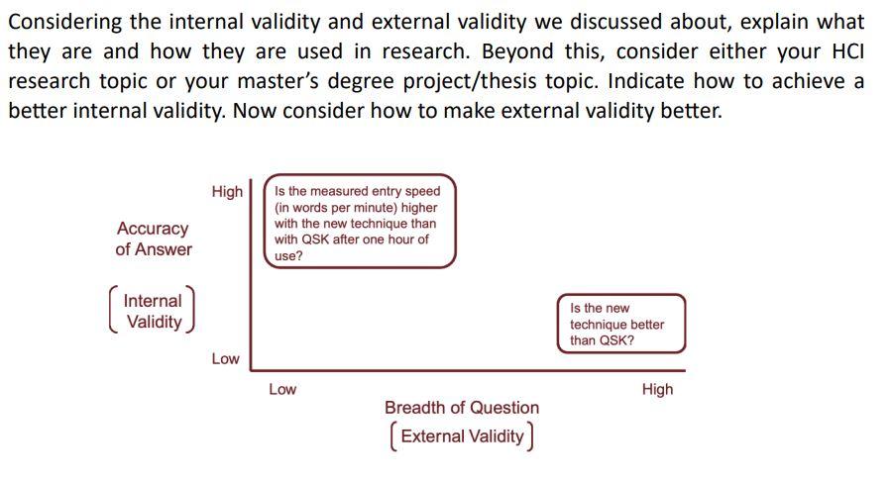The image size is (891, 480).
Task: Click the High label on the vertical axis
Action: pyautogui.click(x=227, y=191)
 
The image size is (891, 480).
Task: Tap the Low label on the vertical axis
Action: pyautogui.click(x=225, y=358)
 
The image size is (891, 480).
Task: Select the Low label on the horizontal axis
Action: pyautogui.click(x=282, y=389)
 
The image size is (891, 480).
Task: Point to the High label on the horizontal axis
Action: pyautogui.click(x=657, y=389)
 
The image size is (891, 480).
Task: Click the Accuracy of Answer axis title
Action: pyautogui.click(x=153, y=239)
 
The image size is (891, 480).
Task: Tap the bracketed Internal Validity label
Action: pyautogui.click(x=153, y=311)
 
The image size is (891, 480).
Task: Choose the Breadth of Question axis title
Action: pyautogui.click(x=462, y=407)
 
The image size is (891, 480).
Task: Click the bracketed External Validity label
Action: pyautogui.click(x=462, y=435)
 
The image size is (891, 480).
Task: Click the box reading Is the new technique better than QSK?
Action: pyautogui.click(x=620, y=324)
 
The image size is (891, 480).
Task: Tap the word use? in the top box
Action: pyautogui.click(x=288, y=255)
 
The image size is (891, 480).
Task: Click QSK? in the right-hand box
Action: pyautogui.click(x=616, y=340)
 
